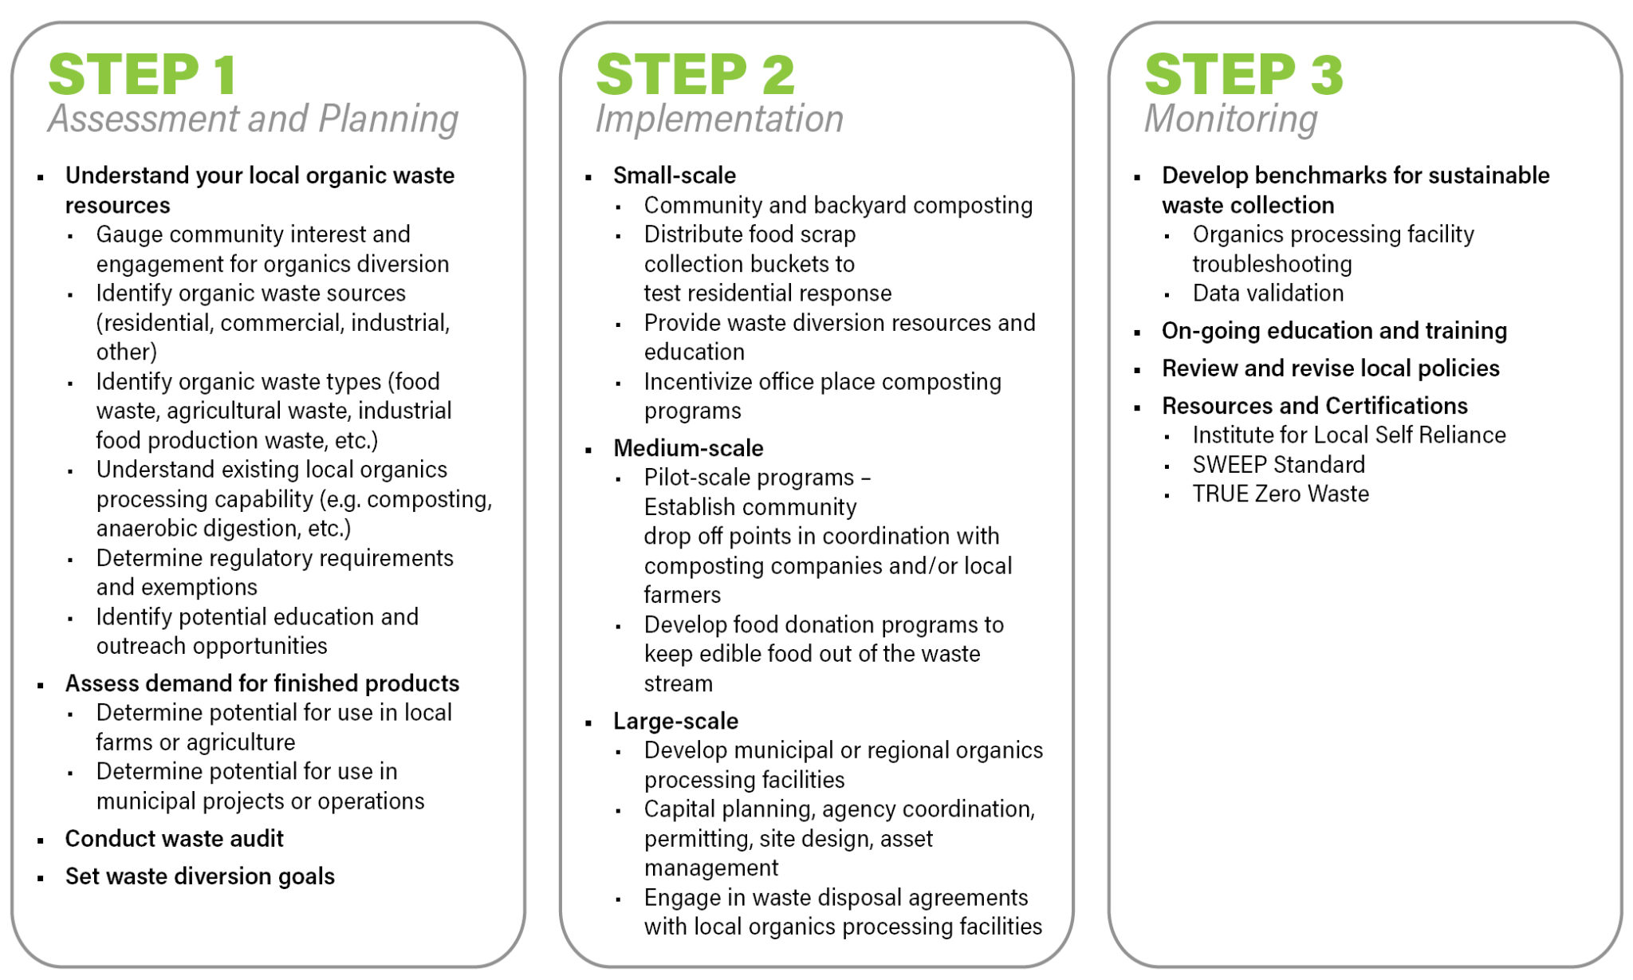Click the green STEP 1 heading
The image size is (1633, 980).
[143, 75]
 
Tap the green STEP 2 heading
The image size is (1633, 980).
[695, 75]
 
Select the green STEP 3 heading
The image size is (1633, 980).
[1244, 75]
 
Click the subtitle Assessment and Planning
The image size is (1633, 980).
[253, 119]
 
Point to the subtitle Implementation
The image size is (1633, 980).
[719, 119]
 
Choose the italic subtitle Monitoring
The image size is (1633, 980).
[1230, 119]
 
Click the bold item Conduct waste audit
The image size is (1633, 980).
[174, 838]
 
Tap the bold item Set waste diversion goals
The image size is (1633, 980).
[199, 876]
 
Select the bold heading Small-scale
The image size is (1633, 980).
[674, 175]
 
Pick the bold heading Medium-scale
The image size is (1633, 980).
[687, 447]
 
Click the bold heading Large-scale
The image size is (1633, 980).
[675, 721]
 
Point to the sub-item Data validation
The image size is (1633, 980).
[1268, 293]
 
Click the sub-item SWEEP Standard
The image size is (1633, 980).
[1278, 464]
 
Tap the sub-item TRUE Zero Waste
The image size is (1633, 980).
[1281, 494]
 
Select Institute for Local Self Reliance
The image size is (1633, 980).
[1349, 435]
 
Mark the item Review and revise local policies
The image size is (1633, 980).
[1330, 368]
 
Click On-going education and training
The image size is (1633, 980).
[1334, 330]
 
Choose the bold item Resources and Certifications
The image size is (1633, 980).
[1314, 405]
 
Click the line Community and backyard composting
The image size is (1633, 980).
[838, 205]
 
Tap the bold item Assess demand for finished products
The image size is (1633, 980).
[262, 683]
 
